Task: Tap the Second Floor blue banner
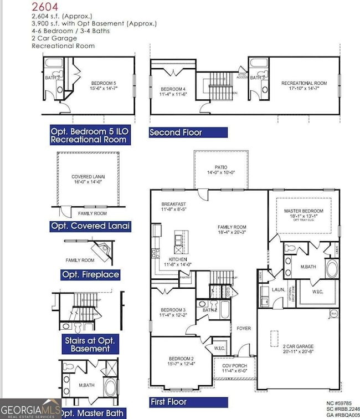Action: (x=188, y=132)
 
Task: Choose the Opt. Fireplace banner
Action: (x=90, y=274)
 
